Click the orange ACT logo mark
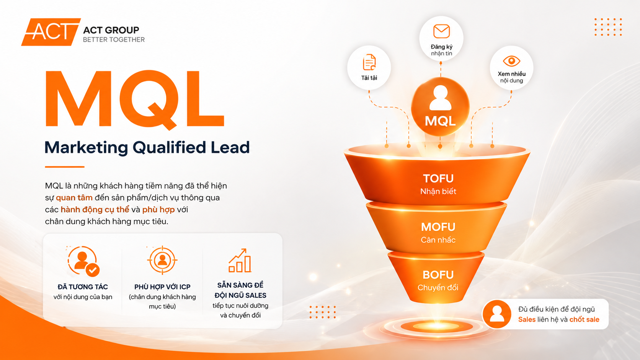pyautogui.click(x=51, y=32)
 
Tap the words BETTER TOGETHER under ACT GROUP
pyautogui.click(x=114, y=40)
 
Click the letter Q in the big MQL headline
pyautogui.click(x=149, y=100)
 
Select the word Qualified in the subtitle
pyautogui.click(x=169, y=148)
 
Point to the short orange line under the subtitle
pyautogui.click(x=65, y=167)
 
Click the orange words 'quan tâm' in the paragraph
pyautogui.click(x=74, y=197)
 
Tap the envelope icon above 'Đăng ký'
pyautogui.click(x=441, y=31)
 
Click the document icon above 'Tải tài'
pyautogui.click(x=369, y=62)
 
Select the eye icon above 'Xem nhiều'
pyautogui.click(x=511, y=61)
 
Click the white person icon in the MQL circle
pyautogui.click(x=440, y=98)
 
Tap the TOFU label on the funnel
pyautogui.click(x=438, y=178)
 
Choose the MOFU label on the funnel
pyautogui.click(x=438, y=227)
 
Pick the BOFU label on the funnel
pyautogui.click(x=438, y=275)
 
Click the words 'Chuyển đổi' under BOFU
pyautogui.click(x=438, y=287)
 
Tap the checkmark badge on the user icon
pyautogui.click(x=93, y=270)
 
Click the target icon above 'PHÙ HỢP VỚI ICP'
pyautogui.click(x=162, y=260)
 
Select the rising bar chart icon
pyautogui.click(x=240, y=261)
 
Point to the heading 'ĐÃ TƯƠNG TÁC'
pyautogui.click(x=83, y=287)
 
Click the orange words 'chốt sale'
pyautogui.click(x=584, y=319)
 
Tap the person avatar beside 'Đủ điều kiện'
pyautogui.click(x=497, y=314)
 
